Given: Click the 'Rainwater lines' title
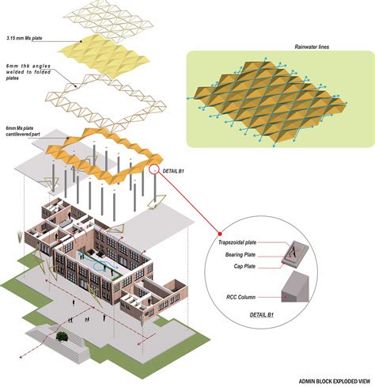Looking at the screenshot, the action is click(312, 47).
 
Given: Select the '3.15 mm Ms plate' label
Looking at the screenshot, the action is click(25, 38).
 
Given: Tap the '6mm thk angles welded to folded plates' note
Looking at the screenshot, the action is click(28, 72).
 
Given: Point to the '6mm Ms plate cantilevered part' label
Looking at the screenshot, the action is click(23, 131).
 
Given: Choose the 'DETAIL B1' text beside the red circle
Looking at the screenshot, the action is click(173, 171).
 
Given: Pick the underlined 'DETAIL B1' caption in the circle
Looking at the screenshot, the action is click(262, 314).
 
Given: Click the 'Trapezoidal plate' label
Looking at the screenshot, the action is click(237, 242).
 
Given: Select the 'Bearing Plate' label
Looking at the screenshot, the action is click(241, 255).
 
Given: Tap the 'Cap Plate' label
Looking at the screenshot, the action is click(244, 266).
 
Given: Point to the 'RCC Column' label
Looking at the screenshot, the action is click(241, 297).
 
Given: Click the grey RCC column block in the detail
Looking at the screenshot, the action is click(295, 287).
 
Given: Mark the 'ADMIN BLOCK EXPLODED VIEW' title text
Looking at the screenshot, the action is click(335, 382).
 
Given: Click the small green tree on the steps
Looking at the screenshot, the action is click(62, 337).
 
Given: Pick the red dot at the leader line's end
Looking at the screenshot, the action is click(220, 234).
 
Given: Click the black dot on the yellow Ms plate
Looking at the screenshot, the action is click(81, 41).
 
